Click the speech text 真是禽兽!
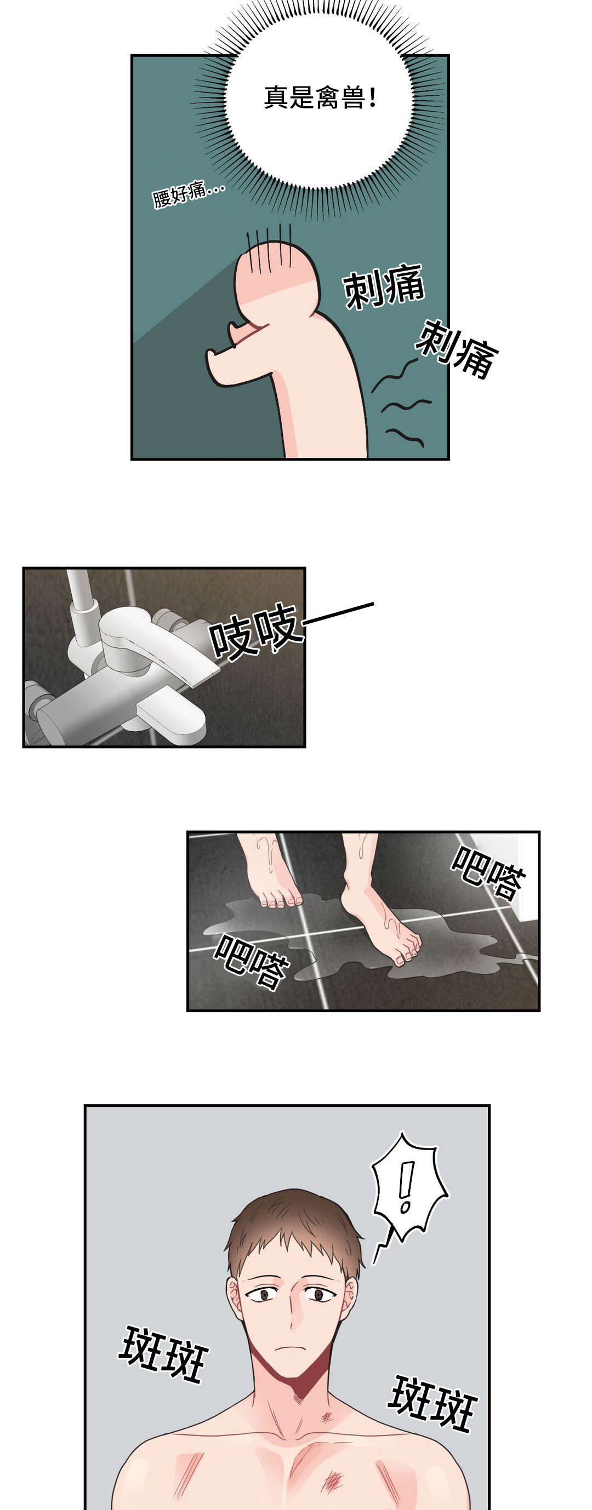click(319, 98)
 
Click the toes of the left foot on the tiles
click(281, 900)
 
